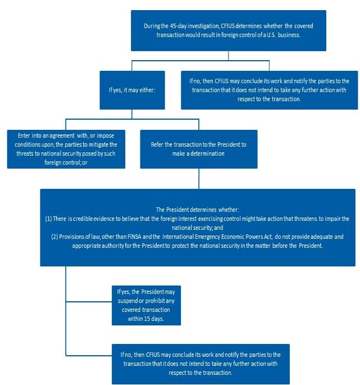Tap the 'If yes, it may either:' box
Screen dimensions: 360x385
click(132, 90)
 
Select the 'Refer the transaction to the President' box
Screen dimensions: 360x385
click(199, 149)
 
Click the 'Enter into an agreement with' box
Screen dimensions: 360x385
click(66, 149)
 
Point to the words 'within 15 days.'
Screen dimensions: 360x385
click(146, 319)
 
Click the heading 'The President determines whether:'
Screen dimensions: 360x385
click(198, 210)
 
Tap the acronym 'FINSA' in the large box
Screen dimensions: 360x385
click(134, 237)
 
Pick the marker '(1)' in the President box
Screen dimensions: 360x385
click(48, 219)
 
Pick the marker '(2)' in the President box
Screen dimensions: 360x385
click(54, 237)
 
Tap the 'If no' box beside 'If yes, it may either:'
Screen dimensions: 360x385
click(269, 90)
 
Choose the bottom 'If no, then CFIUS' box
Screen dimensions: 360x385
click(200, 364)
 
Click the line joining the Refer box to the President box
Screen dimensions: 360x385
click(199, 179)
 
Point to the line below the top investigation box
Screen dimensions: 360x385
click(229, 56)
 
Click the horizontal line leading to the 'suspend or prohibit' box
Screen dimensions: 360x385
click(89, 301)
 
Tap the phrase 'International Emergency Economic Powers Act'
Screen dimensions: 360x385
click(217, 237)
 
